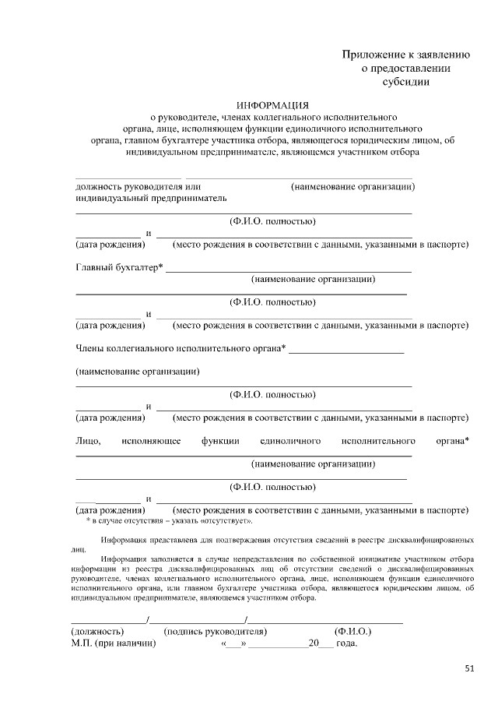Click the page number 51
(x=469, y=668)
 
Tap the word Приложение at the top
(x=373, y=55)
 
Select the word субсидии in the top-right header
(x=405, y=81)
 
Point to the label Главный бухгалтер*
(x=119, y=267)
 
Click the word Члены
(x=89, y=347)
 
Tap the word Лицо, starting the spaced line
(x=88, y=442)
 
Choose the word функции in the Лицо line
(x=220, y=442)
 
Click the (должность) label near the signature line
(x=97, y=630)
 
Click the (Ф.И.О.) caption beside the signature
(x=352, y=630)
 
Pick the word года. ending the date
(x=347, y=644)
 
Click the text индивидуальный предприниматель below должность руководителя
(x=150, y=199)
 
